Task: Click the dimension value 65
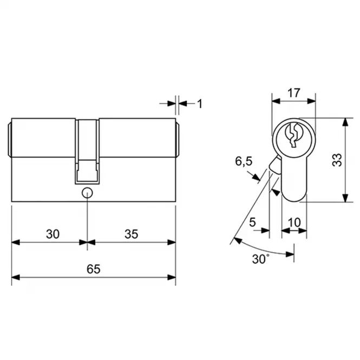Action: click(x=94, y=269)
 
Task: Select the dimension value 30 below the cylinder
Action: click(x=53, y=234)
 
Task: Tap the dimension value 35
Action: click(x=132, y=234)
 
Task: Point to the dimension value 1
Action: click(x=200, y=104)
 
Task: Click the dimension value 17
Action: click(x=293, y=93)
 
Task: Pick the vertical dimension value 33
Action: click(x=337, y=160)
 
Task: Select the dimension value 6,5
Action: click(x=244, y=161)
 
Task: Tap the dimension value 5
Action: click(x=252, y=222)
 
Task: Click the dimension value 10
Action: click(x=294, y=222)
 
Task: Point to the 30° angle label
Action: click(x=260, y=259)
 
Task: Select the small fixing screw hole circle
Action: click(x=87, y=193)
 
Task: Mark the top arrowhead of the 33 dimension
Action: click(x=345, y=122)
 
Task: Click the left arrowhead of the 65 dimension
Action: click(x=16, y=278)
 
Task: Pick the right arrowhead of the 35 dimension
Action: click(x=172, y=242)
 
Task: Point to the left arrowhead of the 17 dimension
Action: click(x=276, y=101)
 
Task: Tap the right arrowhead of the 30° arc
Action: click(x=290, y=254)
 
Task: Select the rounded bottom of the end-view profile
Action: click(x=294, y=201)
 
